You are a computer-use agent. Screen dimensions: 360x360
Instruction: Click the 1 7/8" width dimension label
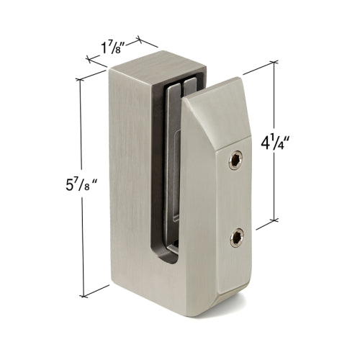(x=114, y=50)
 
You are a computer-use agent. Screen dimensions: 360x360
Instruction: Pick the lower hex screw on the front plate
(x=235, y=238)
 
